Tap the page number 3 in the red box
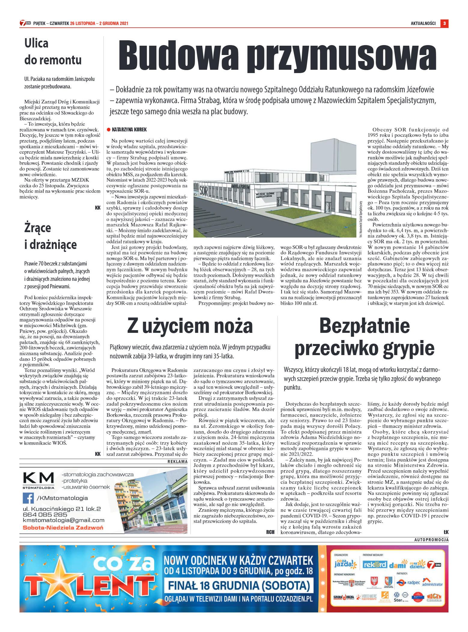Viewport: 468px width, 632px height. pos(444,23)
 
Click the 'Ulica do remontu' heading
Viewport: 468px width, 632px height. pos(53,51)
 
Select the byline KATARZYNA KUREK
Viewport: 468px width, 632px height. pos(129,130)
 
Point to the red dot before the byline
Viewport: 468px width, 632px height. pos(109,130)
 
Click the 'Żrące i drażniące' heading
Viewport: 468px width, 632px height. pos(50,236)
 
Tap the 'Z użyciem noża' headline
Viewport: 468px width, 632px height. pos(190,326)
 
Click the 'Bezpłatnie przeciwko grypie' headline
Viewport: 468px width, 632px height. pos(364,337)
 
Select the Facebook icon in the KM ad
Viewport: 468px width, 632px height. pos(28,498)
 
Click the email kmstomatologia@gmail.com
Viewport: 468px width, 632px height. pos(64,520)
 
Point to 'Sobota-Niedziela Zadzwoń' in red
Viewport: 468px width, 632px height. pos(63,527)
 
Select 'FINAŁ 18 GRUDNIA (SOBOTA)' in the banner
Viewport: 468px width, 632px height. pos(239,585)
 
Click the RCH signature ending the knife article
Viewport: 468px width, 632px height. pos(270,532)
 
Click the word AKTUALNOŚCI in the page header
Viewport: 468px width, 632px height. pos(423,23)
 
